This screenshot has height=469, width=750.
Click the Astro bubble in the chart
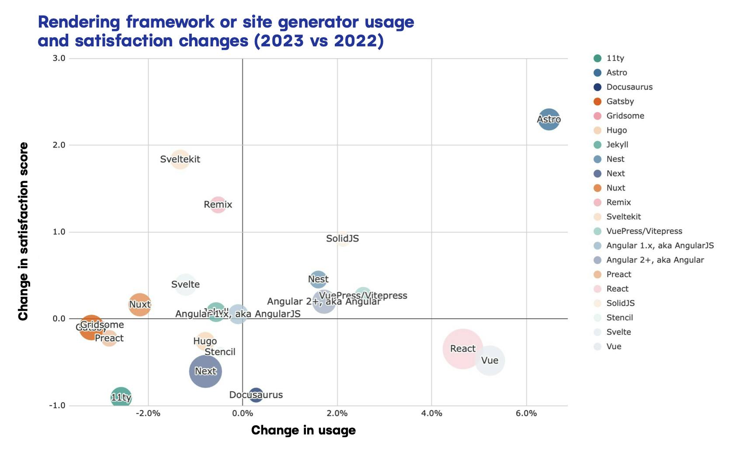pyautogui.click(x=549, y=119)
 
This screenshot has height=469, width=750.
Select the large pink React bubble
pyautogui.click(x=462, y=349)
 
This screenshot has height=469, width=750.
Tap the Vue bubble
pyautogui.click(x=490, y=360)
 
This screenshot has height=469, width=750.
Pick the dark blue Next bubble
pyautogui.click(x=205, y=371)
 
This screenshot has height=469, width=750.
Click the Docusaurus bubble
pyautogui.click(x=256, y=395)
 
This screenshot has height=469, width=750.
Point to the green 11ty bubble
pyautogui.click(x=121, y=397)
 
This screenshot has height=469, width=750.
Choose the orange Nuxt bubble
pyautogui.click(x=139, y=304)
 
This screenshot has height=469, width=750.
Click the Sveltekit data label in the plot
pyautogui.click(x=180, y=159)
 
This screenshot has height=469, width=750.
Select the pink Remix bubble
pyautogui.click(x=218, y=204)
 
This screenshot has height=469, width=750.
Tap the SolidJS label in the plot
pyautogui.click(x=342, y=238)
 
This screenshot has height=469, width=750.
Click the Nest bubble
pyautogui.click(x=318, y=279)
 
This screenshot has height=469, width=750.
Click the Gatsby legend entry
pyautogui.click(x=620, y=101)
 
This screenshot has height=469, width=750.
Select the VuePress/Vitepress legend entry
pyautogui.click(x=644, y=231)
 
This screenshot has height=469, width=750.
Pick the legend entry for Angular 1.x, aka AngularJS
pyautogui.click(x=660, y=246)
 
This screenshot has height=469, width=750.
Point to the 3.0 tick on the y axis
pyautogui.click(x=59, y=58)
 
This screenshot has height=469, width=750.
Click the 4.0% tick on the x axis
pyautogui.click(x=431, y=413)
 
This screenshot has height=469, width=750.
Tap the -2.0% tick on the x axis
pyautogui.click(x=148, y=413)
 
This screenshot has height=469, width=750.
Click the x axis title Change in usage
pyautogui.click(x=303, y=430)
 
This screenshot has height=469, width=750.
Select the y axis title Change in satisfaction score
pyautogui.click(x=23, y=231)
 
